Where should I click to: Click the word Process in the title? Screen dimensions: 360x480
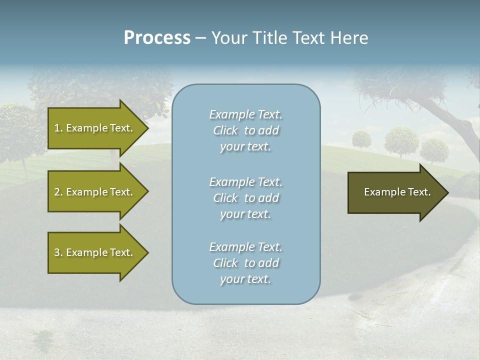(157, 38)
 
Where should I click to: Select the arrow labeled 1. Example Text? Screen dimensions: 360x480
(95, 128)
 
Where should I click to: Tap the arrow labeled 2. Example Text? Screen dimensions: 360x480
(95, 192)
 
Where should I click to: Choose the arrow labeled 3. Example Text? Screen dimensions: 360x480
(95, 252)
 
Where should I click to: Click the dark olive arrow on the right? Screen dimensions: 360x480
(395, 192)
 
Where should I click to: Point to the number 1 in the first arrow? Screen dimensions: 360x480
(57, 128)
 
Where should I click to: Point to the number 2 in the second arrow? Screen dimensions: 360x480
(57, 192)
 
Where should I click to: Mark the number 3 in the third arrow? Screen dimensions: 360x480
(57, 252)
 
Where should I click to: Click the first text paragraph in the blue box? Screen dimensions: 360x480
(245, 130)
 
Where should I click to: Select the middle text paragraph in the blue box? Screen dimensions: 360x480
(245, 198)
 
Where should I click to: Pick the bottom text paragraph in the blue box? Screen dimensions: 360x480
(245, 263)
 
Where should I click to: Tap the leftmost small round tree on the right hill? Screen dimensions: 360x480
(361, 139)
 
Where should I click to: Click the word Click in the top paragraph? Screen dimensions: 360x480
(225, 130)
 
